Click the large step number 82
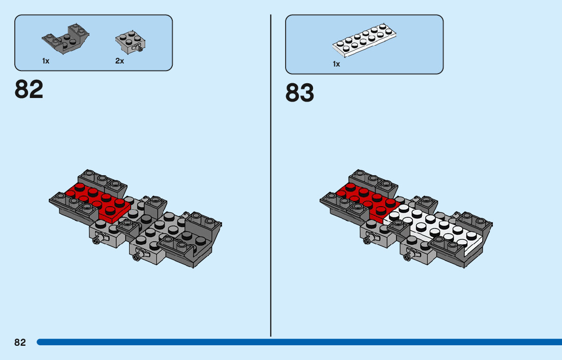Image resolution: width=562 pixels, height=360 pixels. (x=29, y=89)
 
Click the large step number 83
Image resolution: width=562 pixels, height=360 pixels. (x=300, y=93)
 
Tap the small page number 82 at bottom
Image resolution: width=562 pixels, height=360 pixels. (x=20, y=342)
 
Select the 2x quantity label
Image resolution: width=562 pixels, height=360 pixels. (x=119, y=61)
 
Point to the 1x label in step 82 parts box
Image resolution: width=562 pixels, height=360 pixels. (x=46, y=61)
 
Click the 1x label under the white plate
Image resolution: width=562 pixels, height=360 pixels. (x=336, y=64)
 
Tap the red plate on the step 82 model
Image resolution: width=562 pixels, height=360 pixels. (x=99, y=200)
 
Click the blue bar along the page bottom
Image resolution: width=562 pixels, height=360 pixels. (x=300, y=342)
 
